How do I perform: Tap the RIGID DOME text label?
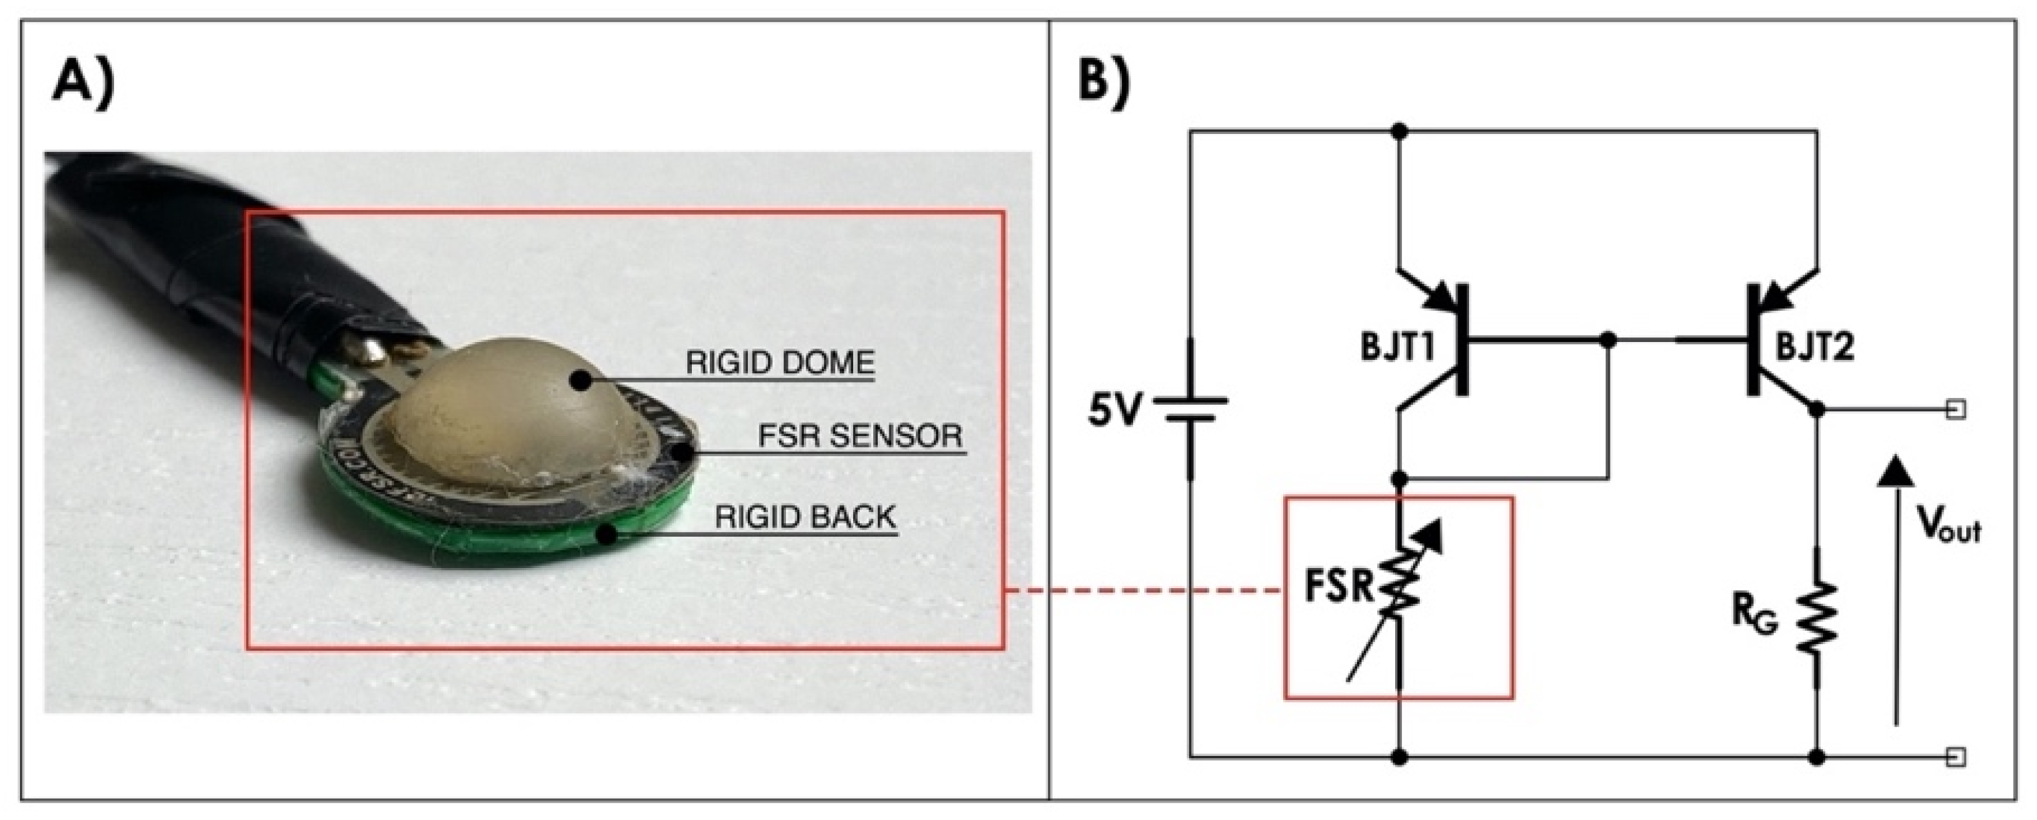coord(780,363)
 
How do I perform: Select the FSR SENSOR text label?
coord(861,436)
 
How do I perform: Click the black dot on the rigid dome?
coord(582,382)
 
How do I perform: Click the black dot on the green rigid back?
coord(606,535)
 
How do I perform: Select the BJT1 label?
coord(1398,348)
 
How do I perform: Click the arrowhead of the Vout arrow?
coord(1894,473)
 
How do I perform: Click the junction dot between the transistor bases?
coord(1608,341)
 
